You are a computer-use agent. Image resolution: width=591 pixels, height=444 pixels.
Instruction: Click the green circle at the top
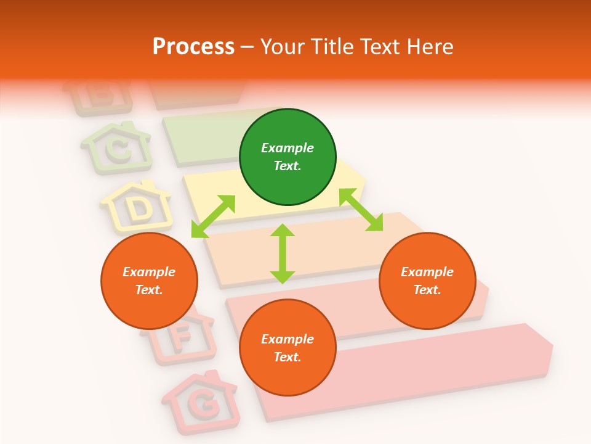click(287, 157)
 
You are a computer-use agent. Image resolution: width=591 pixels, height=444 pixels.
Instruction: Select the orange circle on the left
click(149, 281)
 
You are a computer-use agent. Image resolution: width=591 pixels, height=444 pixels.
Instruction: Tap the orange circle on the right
click(427, 281)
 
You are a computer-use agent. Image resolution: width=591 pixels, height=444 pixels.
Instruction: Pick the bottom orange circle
click(287, 348)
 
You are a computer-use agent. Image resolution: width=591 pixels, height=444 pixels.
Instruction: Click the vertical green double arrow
click(283, 253)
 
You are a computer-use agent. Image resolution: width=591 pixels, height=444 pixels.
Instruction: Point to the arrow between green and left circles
click(213, 216)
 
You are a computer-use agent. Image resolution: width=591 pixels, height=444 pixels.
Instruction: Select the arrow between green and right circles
click(361, 210)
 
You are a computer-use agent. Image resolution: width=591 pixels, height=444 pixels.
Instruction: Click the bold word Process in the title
click(193, 46)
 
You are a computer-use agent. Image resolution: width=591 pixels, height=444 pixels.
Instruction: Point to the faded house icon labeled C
click(116, 147)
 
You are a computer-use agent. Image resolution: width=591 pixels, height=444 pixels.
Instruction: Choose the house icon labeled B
click(98, 96)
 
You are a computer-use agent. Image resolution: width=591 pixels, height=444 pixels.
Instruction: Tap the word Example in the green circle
click(287, 148)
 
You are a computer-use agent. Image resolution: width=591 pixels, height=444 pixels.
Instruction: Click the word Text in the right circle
click(427, 290)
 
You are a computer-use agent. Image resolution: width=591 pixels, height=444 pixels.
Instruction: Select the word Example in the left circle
click(149, 272)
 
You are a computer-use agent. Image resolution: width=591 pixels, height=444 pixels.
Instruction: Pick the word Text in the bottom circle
click(287, 357)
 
